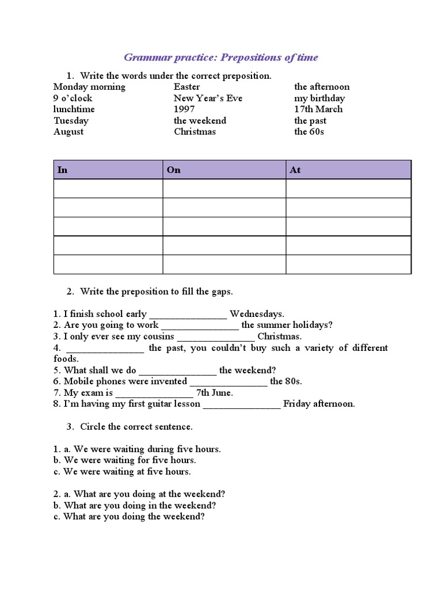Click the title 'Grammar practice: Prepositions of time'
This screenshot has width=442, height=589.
pos(221,58)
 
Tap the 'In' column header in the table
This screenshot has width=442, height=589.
pos(63,170)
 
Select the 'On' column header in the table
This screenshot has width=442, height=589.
pos(173,170)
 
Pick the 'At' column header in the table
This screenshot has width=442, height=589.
pos(295,170)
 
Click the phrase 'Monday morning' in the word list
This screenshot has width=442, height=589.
pos(89,87)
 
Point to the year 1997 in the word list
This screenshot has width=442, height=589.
pos(184,109)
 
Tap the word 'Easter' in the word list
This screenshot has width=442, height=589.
pos(187,87)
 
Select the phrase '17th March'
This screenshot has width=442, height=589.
pos(318,109)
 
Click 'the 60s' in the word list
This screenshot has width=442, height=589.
pos(309,132)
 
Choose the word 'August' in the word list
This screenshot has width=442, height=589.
pos(68,132)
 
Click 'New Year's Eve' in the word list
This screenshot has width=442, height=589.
pos(208,98)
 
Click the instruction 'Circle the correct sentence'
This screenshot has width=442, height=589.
pos(136,427)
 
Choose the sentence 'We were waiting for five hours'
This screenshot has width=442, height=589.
pos(130,460)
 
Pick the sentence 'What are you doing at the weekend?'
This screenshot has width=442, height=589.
pos(144,494)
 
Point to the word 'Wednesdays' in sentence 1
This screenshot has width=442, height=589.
pos(257,314)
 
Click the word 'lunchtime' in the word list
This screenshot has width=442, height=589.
pos(74,109)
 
